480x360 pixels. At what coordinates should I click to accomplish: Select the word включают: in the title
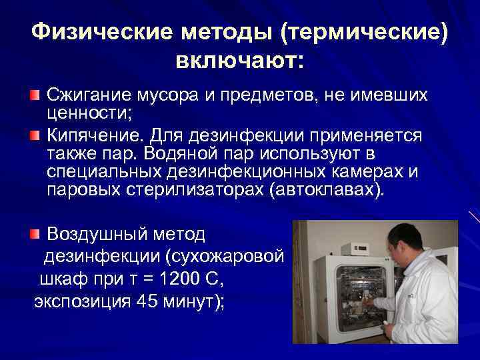coord(239,61)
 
